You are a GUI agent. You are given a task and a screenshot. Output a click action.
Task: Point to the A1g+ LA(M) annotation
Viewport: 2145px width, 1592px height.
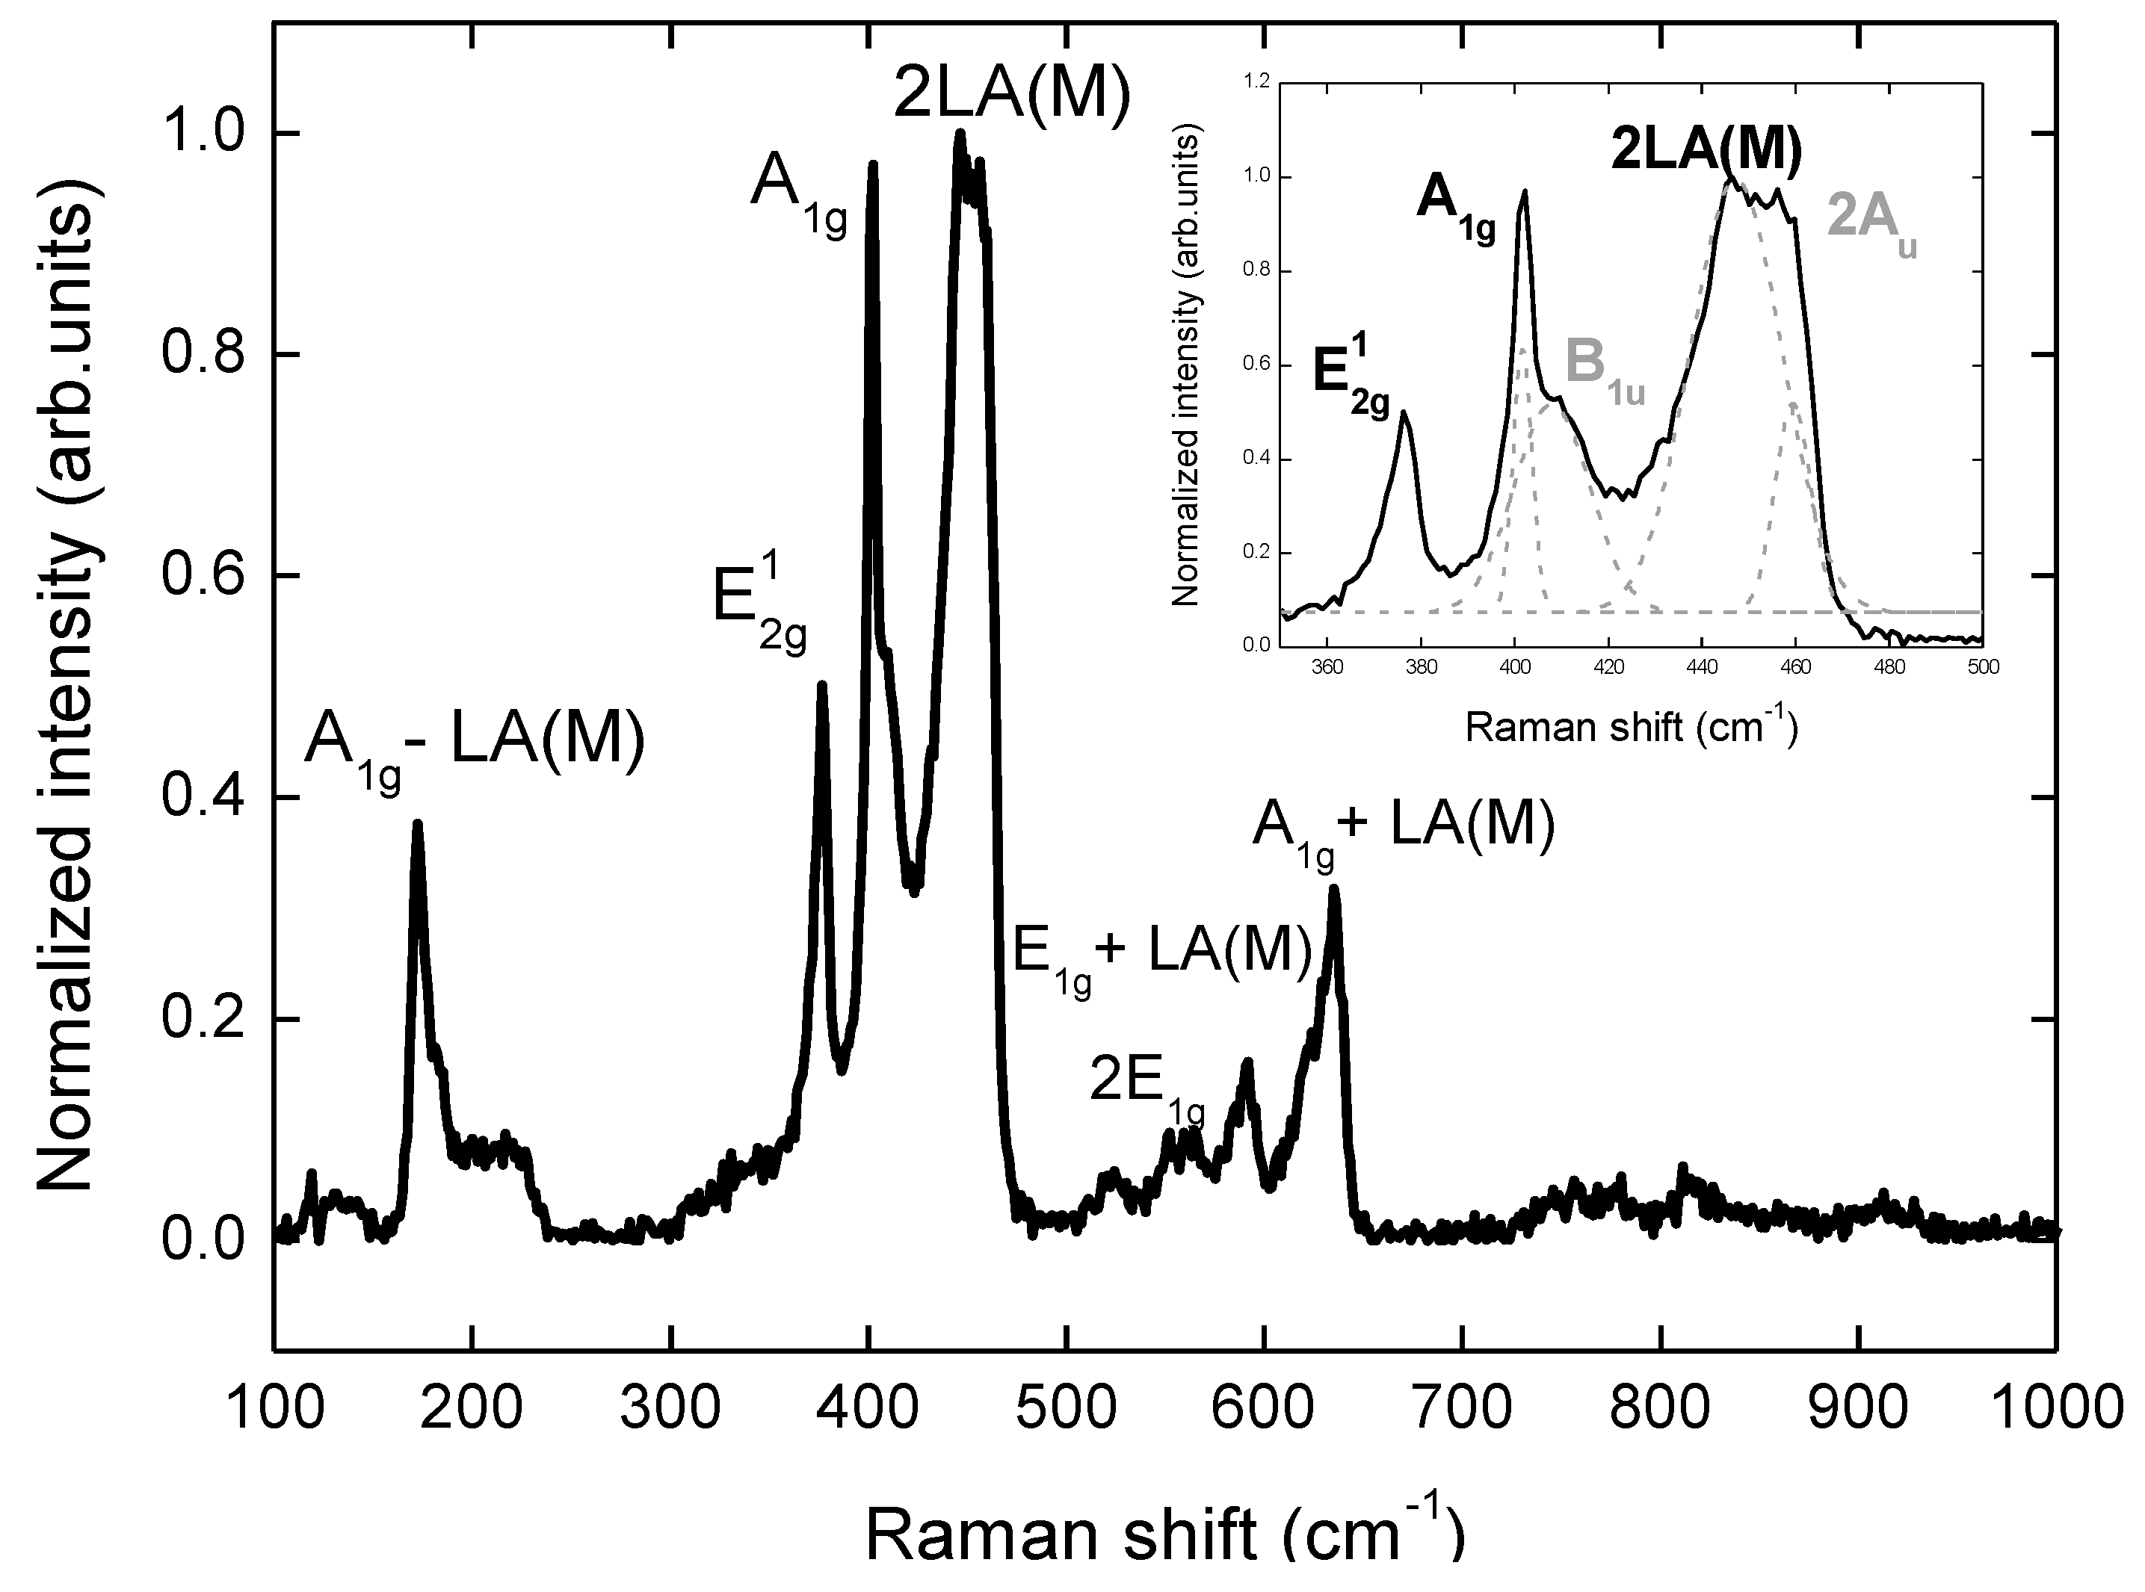point(1404,833)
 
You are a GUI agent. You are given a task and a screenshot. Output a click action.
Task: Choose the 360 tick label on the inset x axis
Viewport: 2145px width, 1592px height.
point(1327,667)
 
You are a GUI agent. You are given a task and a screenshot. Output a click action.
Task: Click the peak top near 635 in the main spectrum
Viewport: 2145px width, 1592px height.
point(1334,888)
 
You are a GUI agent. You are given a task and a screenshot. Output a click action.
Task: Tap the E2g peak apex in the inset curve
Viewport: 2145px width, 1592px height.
point(1404,412)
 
